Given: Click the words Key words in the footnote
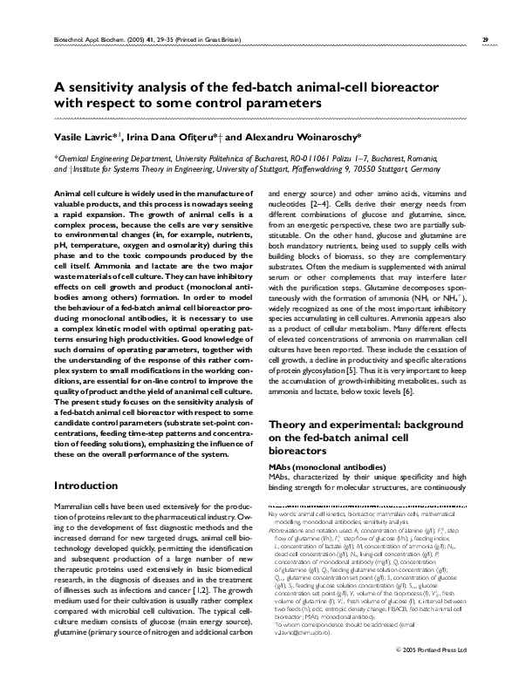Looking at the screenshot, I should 283,514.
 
